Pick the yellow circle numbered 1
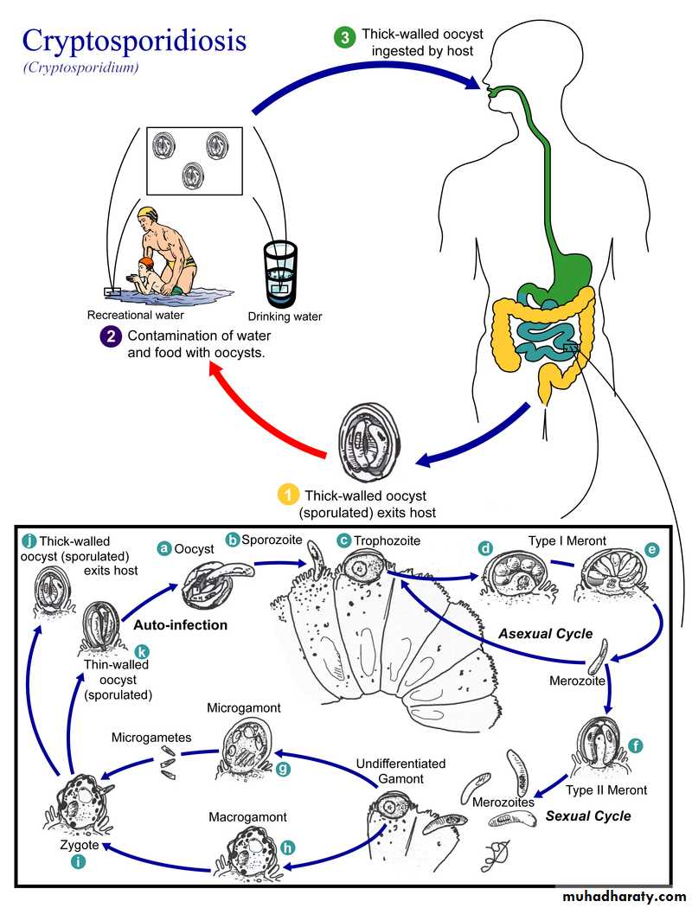[x=287, y=496]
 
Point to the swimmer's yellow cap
[x=149, y=213]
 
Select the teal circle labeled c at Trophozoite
[x=343, y=541]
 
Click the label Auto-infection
[x=180, y=624]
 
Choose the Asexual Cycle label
[x=545, y=634]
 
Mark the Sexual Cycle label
[x=588, y=815]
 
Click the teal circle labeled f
[x=637, y=745]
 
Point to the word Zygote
[x=67, y=844]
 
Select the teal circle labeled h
[x=287, y=848]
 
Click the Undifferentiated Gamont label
[x=401, y=771]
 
